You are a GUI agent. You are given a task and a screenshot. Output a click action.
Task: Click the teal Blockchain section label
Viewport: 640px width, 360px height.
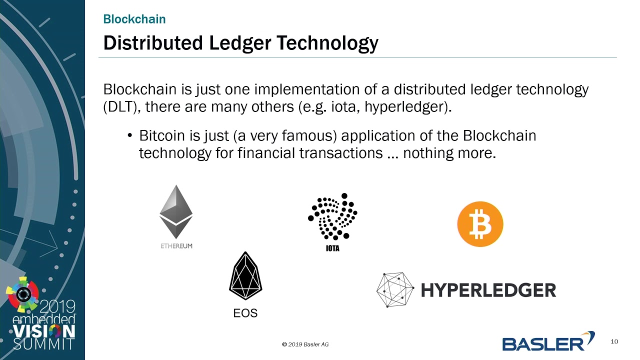(134, 19)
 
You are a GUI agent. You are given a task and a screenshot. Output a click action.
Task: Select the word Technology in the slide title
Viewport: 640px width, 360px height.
(327, 43)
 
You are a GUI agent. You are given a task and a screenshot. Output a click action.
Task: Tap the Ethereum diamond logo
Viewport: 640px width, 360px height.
(176, 211)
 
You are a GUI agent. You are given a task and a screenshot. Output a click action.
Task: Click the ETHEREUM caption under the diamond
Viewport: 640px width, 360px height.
(176, 246)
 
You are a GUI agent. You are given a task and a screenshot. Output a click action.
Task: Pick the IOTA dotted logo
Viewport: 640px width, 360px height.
(332, 216)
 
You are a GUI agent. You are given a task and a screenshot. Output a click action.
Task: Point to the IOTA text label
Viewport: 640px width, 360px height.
(332, 248)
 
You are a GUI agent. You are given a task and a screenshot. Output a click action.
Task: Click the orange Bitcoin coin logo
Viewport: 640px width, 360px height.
(480, 224)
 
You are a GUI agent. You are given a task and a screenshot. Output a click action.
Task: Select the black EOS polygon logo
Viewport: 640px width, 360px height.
(245, 275)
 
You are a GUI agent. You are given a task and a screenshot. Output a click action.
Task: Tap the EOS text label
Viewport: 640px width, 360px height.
(245, 313)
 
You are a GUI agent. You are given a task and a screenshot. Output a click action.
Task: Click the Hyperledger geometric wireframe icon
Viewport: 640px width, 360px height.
(395, 289)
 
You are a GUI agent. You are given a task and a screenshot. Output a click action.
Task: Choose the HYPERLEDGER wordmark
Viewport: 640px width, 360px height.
(488, 290)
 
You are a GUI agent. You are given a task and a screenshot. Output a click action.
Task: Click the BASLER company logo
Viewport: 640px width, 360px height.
(548, 341)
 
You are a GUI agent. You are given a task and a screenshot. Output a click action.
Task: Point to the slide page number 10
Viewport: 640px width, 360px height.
(614, 341)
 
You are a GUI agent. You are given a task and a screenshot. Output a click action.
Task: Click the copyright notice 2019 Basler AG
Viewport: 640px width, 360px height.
(305, 344)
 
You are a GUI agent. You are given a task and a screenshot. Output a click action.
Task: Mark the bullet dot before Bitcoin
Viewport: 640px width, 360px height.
(130, 135)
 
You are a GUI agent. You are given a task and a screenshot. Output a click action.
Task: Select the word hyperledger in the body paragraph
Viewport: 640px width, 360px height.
(405, 107)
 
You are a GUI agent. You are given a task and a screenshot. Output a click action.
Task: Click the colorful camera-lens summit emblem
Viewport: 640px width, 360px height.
(23, 294)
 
